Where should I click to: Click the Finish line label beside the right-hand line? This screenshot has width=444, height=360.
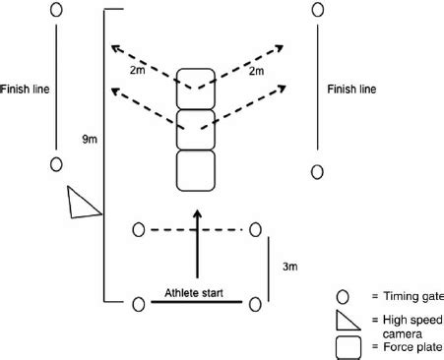(351, 89)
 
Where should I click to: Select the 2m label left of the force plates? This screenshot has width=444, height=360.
(139, 72)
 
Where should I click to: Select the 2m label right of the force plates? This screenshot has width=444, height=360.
(256, 72)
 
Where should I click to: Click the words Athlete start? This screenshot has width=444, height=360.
(196, 292)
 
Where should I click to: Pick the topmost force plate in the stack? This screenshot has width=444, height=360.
(196, 89)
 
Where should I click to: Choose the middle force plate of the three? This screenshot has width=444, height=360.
(196, 128)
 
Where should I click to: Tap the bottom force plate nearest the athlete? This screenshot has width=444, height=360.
(196, 169)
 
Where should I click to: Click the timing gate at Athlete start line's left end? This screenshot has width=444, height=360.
(138, 301)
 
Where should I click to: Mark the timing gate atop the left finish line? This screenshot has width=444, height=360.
(56, 11)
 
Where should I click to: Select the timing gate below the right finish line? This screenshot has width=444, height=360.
(317, 172)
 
